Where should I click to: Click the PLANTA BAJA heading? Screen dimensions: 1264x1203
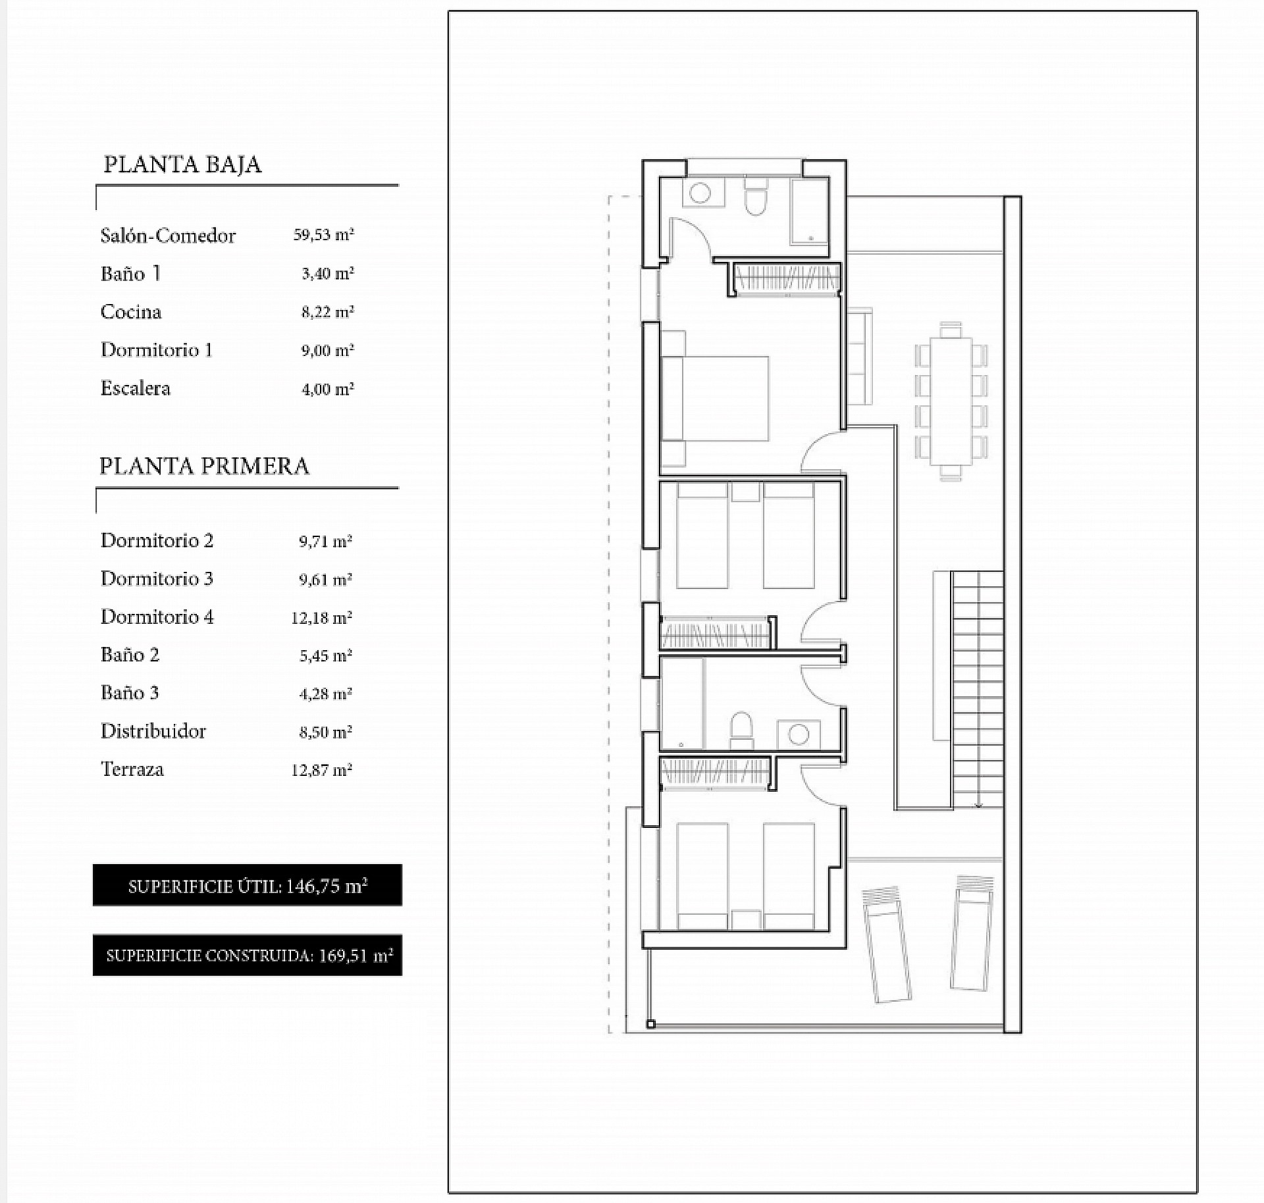182,165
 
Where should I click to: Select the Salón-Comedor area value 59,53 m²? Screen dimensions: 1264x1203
324,235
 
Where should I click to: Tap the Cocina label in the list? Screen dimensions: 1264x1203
131,311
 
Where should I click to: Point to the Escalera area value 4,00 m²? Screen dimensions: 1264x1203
328,389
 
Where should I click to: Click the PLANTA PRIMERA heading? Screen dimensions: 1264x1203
204,466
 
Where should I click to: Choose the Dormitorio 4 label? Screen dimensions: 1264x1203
157,617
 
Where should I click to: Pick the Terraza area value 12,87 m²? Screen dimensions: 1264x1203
322,770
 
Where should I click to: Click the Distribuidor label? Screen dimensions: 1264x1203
153,731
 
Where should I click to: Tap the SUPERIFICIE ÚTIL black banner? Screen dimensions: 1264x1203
248,885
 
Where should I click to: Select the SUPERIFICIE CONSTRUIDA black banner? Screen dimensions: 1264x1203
248,956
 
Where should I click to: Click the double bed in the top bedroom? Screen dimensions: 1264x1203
715,399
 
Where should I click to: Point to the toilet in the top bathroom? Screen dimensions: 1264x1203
756,195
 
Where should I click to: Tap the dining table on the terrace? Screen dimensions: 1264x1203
951,401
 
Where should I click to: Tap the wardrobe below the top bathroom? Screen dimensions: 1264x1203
787,278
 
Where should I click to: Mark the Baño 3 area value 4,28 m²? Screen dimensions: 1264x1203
326,694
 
